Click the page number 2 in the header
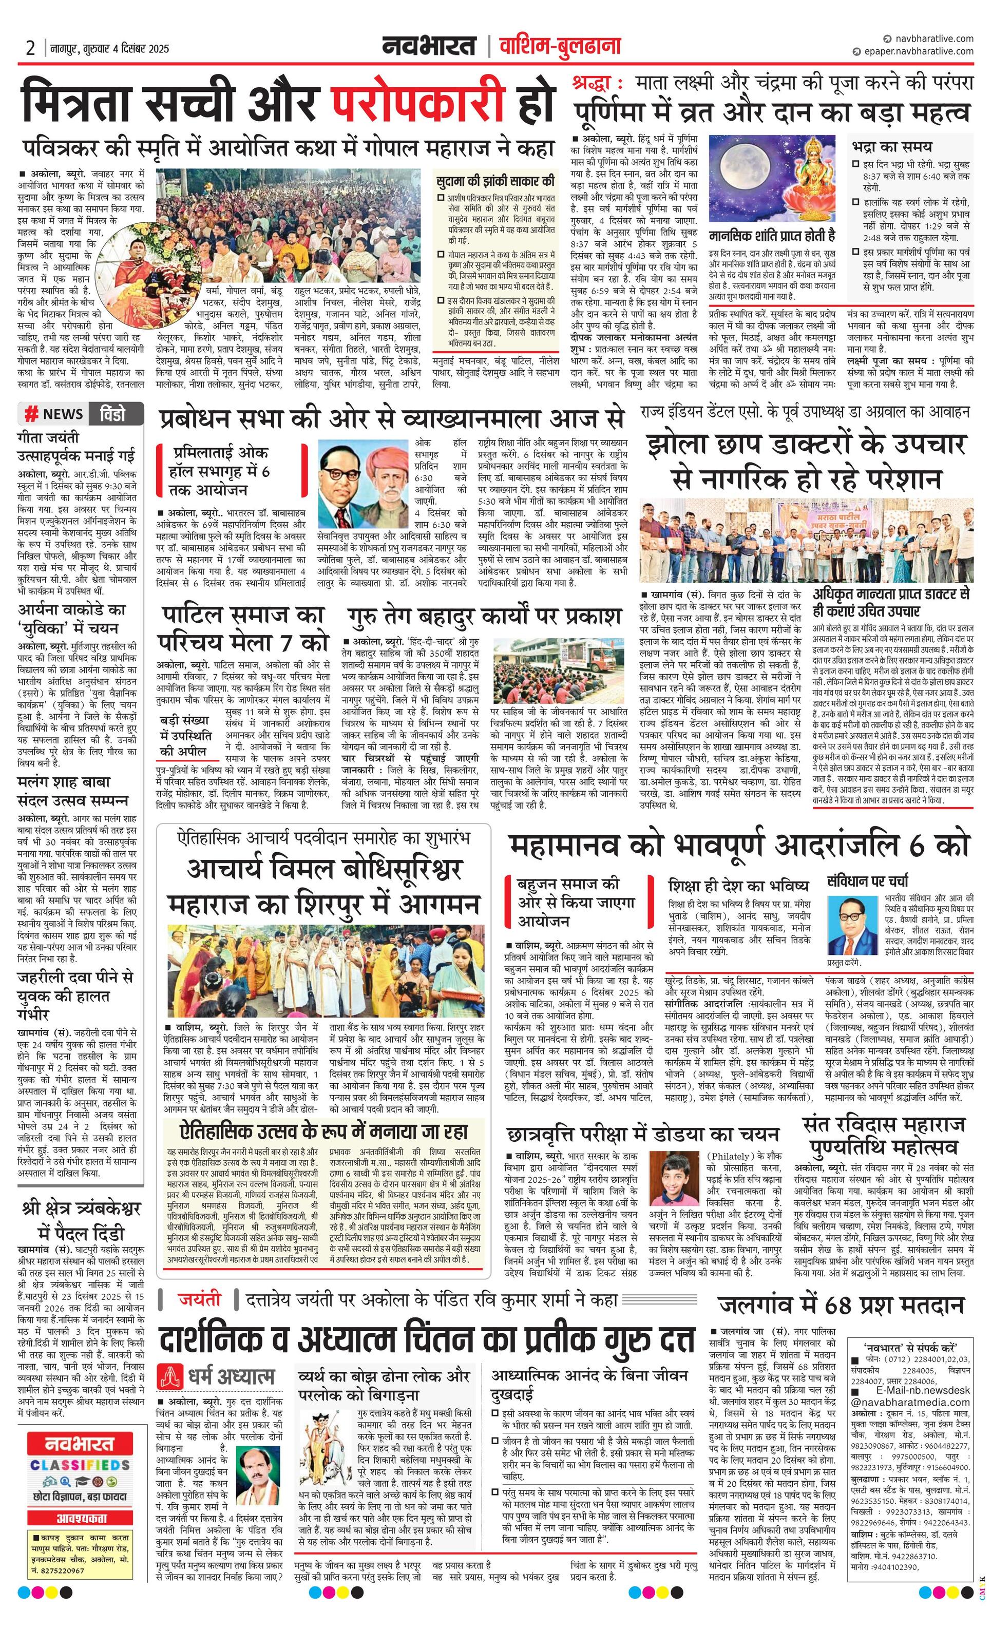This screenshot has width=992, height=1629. click(x=30, y=48)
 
